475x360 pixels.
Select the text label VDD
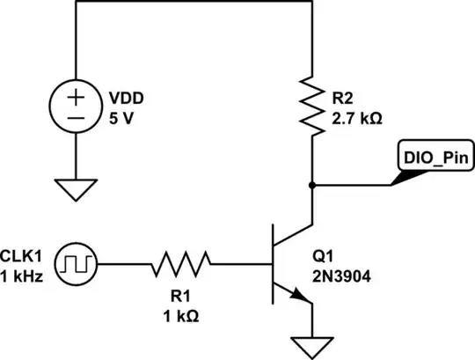125,97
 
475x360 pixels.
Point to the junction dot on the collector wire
313,186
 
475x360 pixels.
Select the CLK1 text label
23,254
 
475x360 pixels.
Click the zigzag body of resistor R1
182,261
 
